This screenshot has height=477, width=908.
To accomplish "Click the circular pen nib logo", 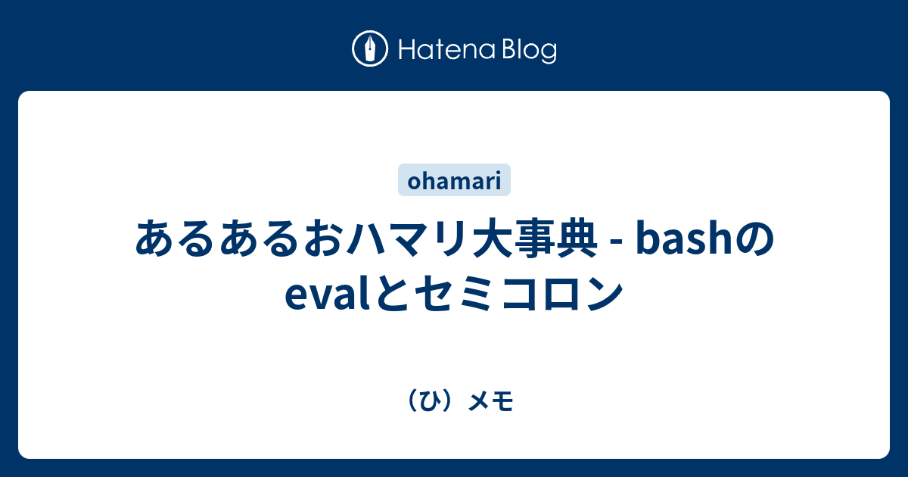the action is tap(370, 48).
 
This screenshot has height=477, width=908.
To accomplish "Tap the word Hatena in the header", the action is tap(447, 50).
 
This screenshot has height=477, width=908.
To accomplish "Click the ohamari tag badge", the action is tap(454, 180).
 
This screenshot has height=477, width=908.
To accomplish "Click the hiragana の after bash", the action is tap(753, 240).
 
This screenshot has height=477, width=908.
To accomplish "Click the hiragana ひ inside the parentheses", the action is tap(429, 402).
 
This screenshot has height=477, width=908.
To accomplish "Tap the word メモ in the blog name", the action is tap(491, 402).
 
